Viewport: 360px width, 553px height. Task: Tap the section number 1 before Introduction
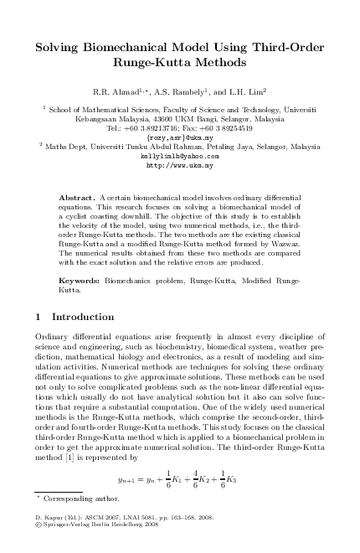39,318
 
